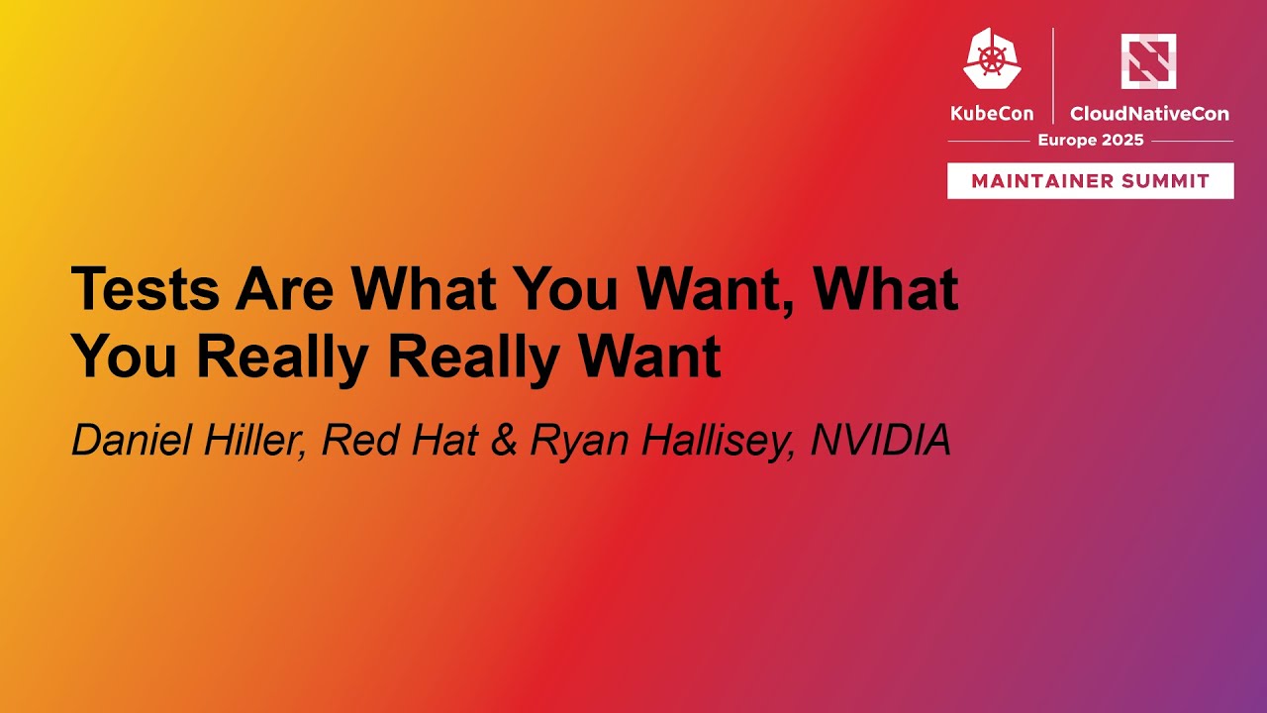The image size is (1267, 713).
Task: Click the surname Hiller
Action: (x=251, y=441)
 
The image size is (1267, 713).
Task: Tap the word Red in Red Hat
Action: (x=355, y=441)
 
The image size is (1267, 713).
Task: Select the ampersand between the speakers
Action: (x=504, y=441)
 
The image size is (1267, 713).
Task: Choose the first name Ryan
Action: (x=571, y=441)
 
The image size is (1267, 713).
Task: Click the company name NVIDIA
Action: (x=881, y=441)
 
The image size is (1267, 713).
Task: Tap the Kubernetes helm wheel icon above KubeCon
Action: (x=992, y=58)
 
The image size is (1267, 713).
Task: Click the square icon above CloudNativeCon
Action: (x=1148, y=60)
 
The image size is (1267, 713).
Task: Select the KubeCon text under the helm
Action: (x=991, y=114)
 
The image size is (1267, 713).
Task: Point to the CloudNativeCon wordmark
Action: (x=1149, y=114)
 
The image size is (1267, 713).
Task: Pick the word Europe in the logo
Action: (x=1066, y=141)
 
